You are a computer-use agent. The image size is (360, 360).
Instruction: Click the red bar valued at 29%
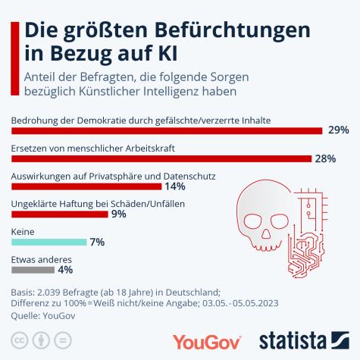point(167,130)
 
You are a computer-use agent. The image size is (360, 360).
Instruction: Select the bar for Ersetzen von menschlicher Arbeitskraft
point(162,158)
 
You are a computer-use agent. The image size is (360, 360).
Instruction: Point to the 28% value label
point(325,158)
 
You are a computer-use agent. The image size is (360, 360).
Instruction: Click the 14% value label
point(175,186)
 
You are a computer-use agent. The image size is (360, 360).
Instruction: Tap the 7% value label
point(97,243)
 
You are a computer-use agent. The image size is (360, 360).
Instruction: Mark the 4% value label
point(65,269)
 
